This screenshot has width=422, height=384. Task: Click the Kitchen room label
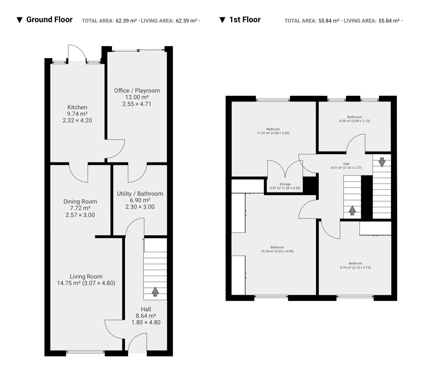point(77,107)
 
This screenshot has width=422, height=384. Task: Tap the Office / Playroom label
point(137,91)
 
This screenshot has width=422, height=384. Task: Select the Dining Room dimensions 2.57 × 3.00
point(80,215)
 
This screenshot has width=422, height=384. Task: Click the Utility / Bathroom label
point(140,194)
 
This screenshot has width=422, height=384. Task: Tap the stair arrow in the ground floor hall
point(155,292)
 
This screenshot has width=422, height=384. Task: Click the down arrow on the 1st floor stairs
point(382,162)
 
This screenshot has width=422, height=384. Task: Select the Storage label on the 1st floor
point(285,184)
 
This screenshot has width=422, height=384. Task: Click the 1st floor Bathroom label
point(355,117)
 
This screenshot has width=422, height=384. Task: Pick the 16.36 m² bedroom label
point(277,247)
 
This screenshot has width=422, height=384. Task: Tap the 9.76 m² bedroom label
point(355,264)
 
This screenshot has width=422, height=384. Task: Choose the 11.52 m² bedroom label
point(273,129)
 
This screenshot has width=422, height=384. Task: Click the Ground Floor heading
point(49,20)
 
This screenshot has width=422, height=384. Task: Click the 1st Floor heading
point(245,20)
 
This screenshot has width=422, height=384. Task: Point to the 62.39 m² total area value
point(126,21)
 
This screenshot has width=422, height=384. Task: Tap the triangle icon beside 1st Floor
point(222,20)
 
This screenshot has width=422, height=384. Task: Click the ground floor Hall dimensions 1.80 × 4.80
point(146,322)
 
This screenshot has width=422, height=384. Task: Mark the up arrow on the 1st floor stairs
point(352,210)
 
